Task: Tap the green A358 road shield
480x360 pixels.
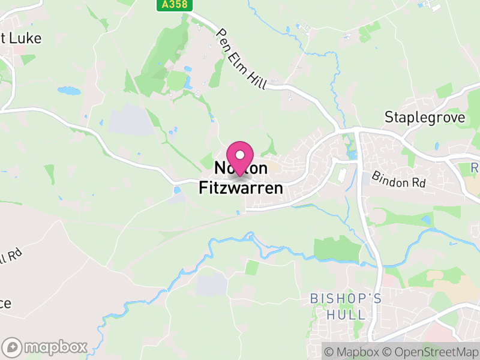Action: pos(170,5)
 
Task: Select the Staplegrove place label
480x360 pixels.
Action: pos(425,117)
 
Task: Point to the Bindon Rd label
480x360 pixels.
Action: pos(398,179)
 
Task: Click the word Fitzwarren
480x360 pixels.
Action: pos(241,188)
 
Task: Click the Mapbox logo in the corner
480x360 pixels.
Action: pos(46,347)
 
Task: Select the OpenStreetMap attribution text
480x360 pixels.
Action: pos(431,351)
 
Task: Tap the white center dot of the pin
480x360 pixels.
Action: pos(240,154)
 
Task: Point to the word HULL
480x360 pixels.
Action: pos(346,314)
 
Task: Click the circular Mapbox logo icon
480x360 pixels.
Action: pos(13,347)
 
